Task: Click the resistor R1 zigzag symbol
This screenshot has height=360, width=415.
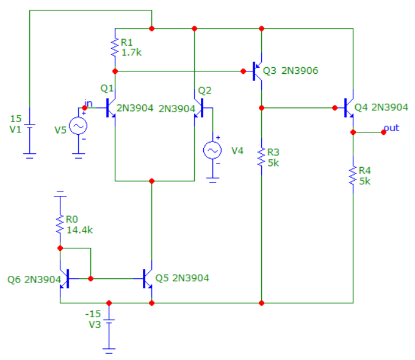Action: [115, 48]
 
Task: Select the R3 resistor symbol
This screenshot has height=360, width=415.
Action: [261, 157]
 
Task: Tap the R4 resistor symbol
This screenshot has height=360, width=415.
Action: [353, 175]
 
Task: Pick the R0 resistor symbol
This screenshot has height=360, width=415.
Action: [60, 224]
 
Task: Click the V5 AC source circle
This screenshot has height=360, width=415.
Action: [78, 126]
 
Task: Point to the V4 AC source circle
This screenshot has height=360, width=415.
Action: [212, 150]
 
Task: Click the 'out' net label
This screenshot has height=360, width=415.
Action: [391, 128]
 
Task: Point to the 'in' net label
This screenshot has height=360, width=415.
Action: [88, 103]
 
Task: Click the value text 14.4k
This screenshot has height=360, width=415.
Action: [79, 230]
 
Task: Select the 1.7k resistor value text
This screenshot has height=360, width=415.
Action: [131, 52]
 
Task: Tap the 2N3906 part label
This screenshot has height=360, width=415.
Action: [300, 71]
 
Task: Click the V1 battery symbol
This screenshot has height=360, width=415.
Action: [29, 126]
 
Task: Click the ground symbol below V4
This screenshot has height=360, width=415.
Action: [212, 180]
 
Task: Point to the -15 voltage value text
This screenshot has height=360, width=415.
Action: [93, 314]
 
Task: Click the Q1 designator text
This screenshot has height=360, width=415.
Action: [107, 88]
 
